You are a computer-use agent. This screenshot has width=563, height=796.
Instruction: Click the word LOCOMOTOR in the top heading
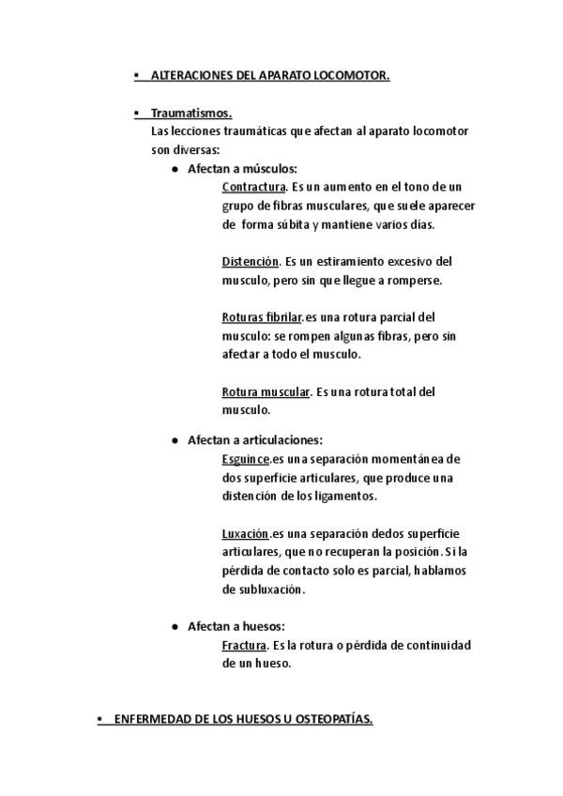click(x=353, y=72)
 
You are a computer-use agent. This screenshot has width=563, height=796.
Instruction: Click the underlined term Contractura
click(x=253, y=188)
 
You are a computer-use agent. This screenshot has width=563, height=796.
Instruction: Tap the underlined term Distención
click(x=251, y=261)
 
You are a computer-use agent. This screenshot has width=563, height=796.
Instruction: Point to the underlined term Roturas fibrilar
click(x=262, y=317)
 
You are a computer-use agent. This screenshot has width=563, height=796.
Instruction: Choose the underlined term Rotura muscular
click(x=266, y=390)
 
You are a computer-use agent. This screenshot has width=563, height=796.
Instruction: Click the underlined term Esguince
click(x=246, y=459)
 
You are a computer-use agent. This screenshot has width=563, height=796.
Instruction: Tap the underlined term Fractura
click(x=245, y=645)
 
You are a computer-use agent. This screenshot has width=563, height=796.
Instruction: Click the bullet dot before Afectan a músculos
click(x=175, y=170)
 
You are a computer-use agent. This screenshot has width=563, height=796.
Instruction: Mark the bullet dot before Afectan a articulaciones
click(x=175, y=440)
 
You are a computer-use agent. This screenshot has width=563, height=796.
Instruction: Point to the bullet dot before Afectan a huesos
click(x=175, y=626)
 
